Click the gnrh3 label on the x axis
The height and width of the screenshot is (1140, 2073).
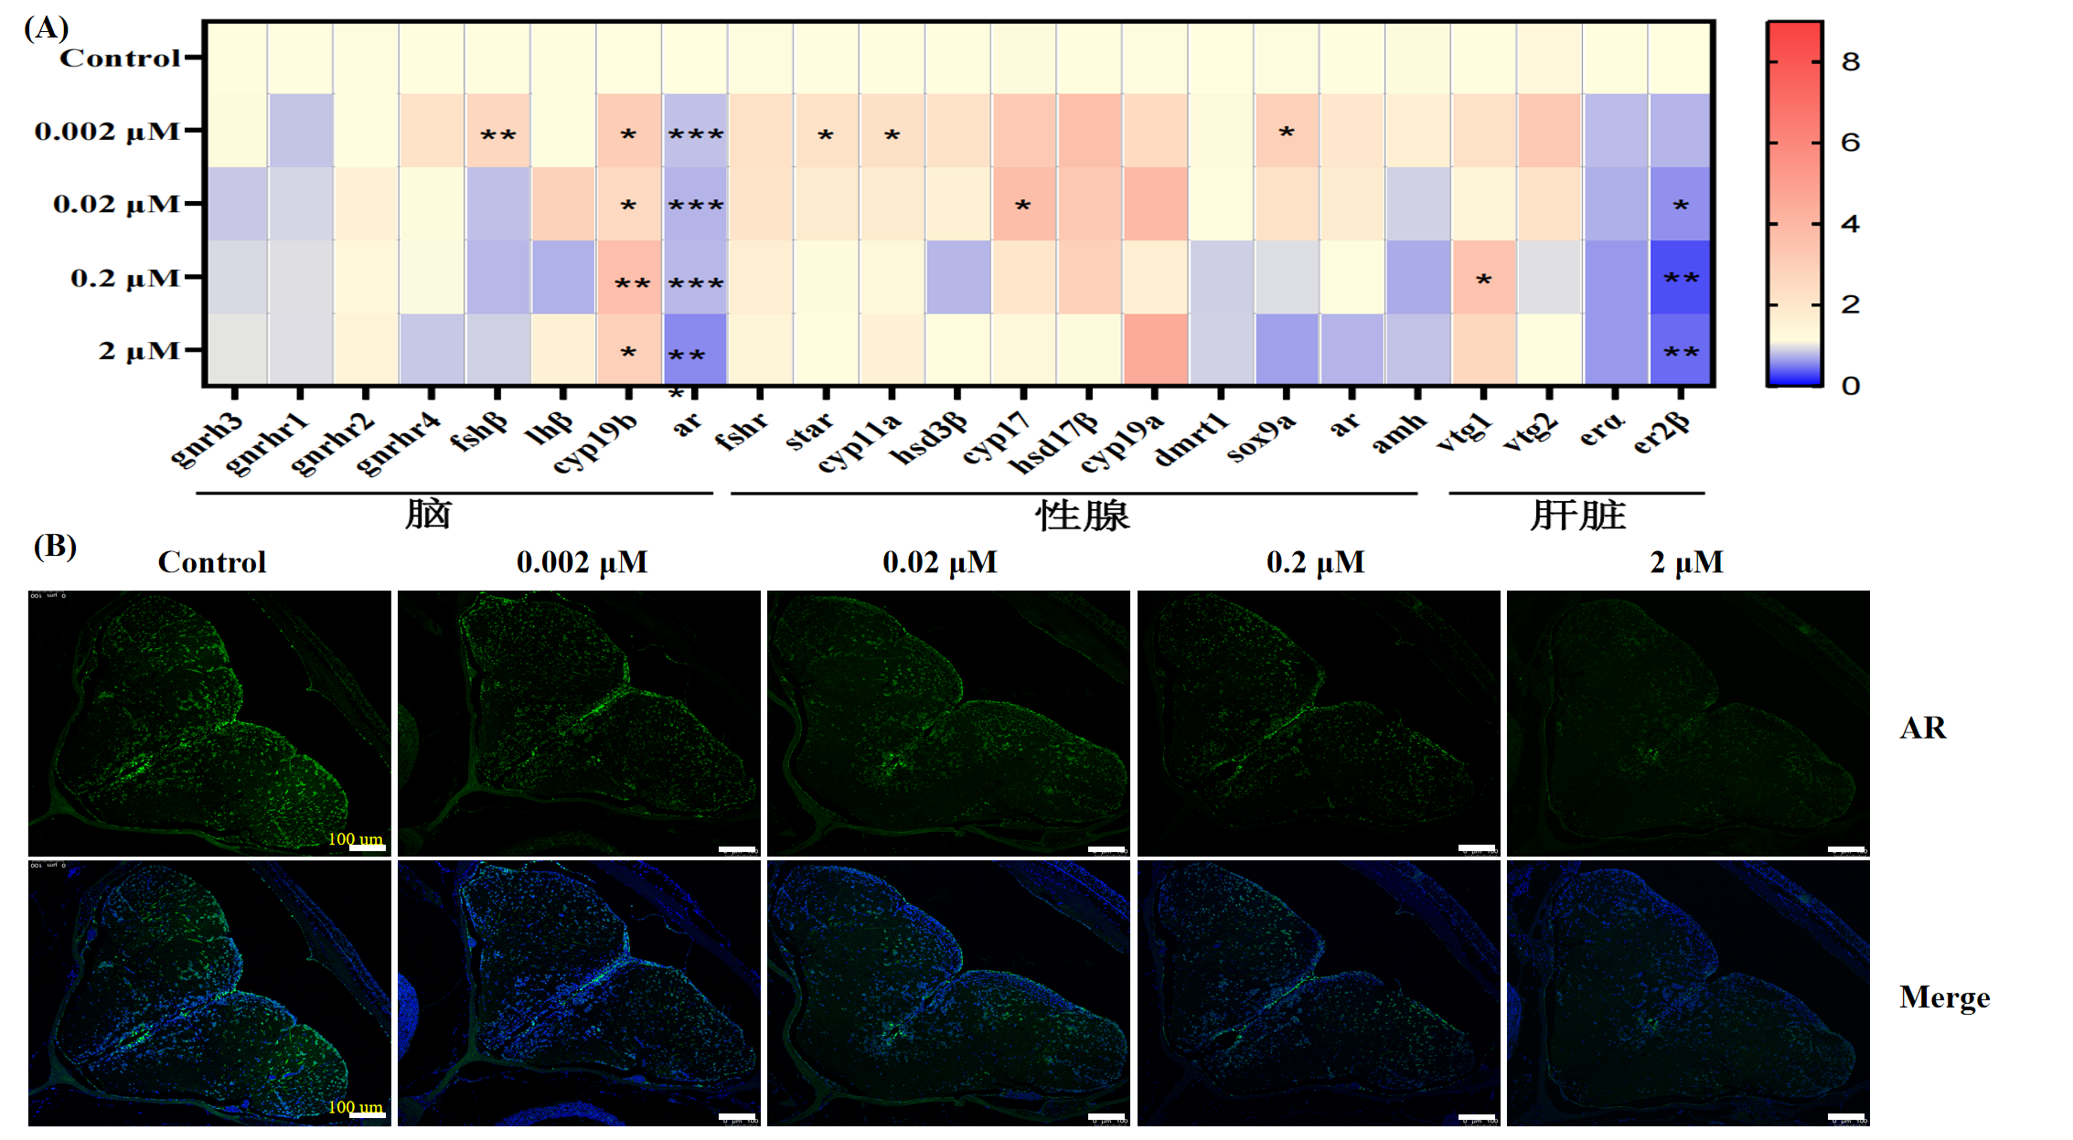click(x=208, y=439)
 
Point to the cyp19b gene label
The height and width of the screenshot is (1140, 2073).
click(x=596, y=443)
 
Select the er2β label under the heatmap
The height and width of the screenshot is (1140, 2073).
click(x=1662, y=431)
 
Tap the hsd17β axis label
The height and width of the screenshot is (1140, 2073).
click(x=1053, y=443)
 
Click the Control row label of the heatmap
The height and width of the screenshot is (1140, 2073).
click(x=120, y=59)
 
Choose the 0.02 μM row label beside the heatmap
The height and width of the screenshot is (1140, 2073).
click(x=116, y=204)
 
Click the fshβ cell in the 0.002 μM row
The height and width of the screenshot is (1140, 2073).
click(x=497, y=131)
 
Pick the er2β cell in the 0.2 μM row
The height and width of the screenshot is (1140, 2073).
click(x=1681, y=277)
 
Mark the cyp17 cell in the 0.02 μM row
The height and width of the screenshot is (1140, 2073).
click(x=1023, y=204)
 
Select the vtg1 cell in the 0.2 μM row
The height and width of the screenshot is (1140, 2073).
click(x=1483, y=277)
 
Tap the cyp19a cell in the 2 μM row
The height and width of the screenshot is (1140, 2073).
click(x=1155, y=349)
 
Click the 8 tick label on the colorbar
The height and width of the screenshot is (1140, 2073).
click(x=1850, y=62)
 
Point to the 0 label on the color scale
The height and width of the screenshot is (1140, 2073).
click(x=1850, y=386)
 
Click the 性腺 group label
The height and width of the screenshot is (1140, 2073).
click(x=1082, y=516)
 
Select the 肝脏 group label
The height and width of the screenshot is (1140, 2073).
click(x=1577, y=516)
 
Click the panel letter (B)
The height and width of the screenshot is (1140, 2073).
click(x=55, y=546)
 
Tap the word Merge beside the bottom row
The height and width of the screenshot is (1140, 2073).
click(x=1944, y=997)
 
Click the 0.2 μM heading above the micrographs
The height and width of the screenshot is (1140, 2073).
click(x=1315, y=562)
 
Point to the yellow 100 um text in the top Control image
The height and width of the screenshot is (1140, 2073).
click(x=355, y=838)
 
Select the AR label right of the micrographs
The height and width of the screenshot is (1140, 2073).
click(x=1922, y=728)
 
